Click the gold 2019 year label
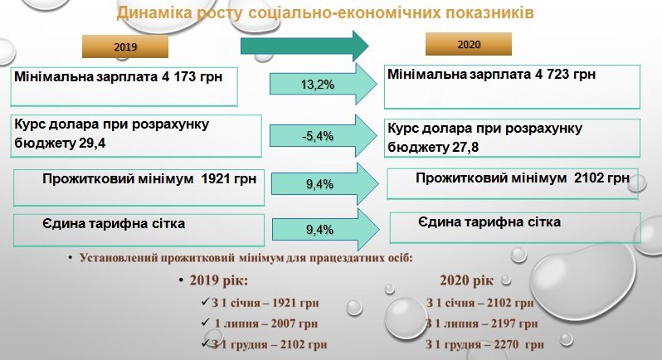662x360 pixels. [125, 46]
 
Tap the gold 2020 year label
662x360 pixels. [469, 44]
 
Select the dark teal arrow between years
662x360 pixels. [304, 46]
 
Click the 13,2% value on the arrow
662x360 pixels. [318, 85]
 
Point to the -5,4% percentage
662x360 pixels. [318, 136]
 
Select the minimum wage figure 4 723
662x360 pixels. [551, 75]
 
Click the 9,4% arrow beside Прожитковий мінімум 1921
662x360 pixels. [324, 184]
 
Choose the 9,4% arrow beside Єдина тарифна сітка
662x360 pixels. [325, 230]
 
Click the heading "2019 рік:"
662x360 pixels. [219, 280]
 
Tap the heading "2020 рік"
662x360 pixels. [466, 280]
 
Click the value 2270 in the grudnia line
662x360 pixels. [506, 345]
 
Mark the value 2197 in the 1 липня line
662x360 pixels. [504, 324]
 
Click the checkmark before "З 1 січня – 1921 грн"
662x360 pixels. [206, 302]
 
